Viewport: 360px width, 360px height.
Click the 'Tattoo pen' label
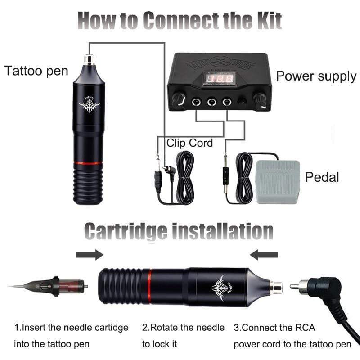pyautogui.click(x=36, y=71)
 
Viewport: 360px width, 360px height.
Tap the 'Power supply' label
pyautogui.click(x=316, y=76)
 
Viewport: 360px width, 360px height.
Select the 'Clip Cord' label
pyautogui.click(x=189, y=144)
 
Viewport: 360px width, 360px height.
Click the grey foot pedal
pyautogui.click(x=277, y=182)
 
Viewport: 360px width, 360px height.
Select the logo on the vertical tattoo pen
pyautogui.click(x=89, y=105)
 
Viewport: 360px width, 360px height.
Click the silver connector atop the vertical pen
pyautogui.click(x=89, y=58)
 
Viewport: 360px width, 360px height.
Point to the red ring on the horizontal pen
pyautogui.click(x=147, y=287)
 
